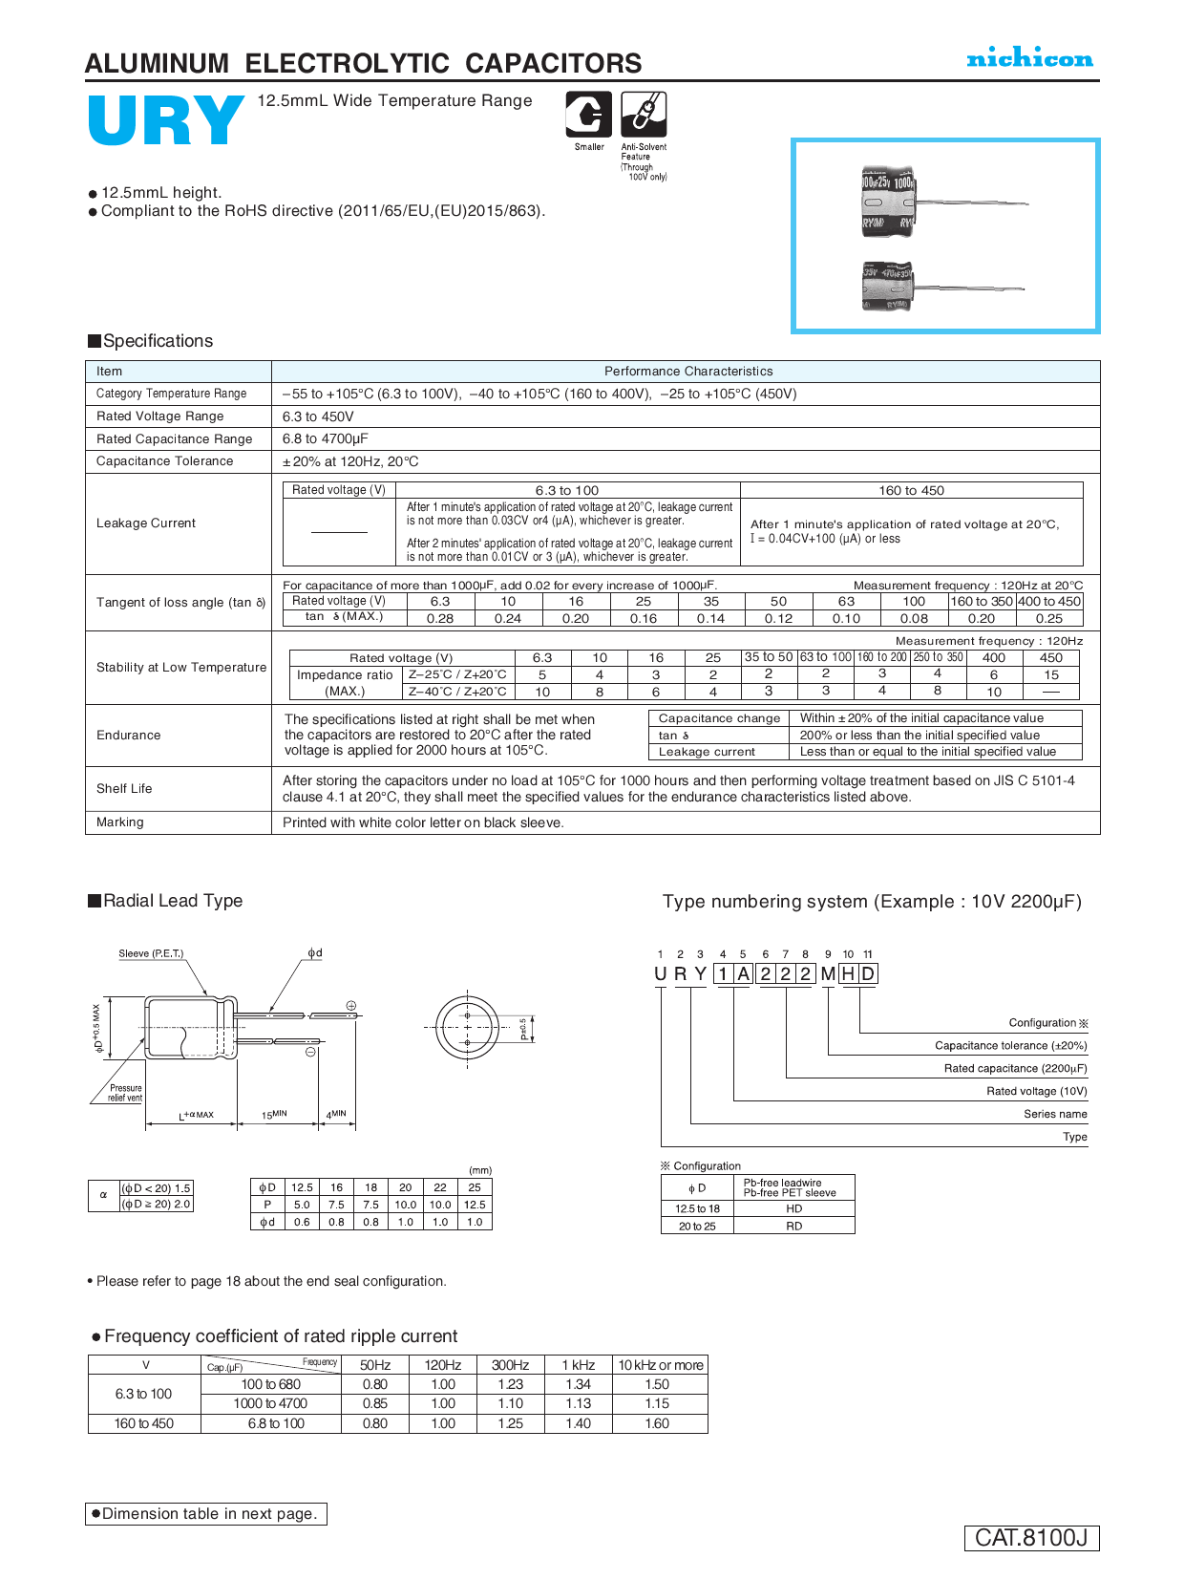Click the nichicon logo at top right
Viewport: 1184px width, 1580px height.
(x=1029, y=58)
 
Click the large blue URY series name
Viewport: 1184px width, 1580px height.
(x=166, y=121)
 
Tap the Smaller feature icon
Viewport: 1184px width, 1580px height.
(x=588, y=116)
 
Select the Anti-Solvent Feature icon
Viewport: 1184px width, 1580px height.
(x=644, y=115)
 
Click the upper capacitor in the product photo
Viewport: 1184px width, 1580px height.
(x=889, y=203)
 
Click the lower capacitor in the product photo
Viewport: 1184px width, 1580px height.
(x=887, y=286)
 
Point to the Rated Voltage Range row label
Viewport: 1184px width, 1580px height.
(x=159, y=416)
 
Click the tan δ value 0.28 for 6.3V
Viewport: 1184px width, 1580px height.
(x=440, y=618)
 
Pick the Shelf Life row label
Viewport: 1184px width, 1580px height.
(x=124, y=788)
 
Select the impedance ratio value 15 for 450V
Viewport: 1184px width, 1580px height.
(x=1050, y=674)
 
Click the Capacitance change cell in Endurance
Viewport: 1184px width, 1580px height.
(x=719, y=718)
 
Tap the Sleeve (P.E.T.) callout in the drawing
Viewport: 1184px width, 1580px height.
(x=151, y=953)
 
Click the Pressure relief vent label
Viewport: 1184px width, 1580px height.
(x=125, y=1093)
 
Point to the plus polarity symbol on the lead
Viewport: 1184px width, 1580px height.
(x=350, y=1006)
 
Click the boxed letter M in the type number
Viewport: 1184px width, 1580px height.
(x=827, y=973)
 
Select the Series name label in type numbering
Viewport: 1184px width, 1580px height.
(x=1055, y=1114)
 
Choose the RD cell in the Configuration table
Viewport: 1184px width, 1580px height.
(x=793, y=1226)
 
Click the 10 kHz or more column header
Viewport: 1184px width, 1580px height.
(x=660, y=1365)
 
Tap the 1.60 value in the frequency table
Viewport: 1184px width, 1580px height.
(x=657, y=1423)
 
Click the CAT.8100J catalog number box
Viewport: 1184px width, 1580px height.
(x=1031, y=1537)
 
